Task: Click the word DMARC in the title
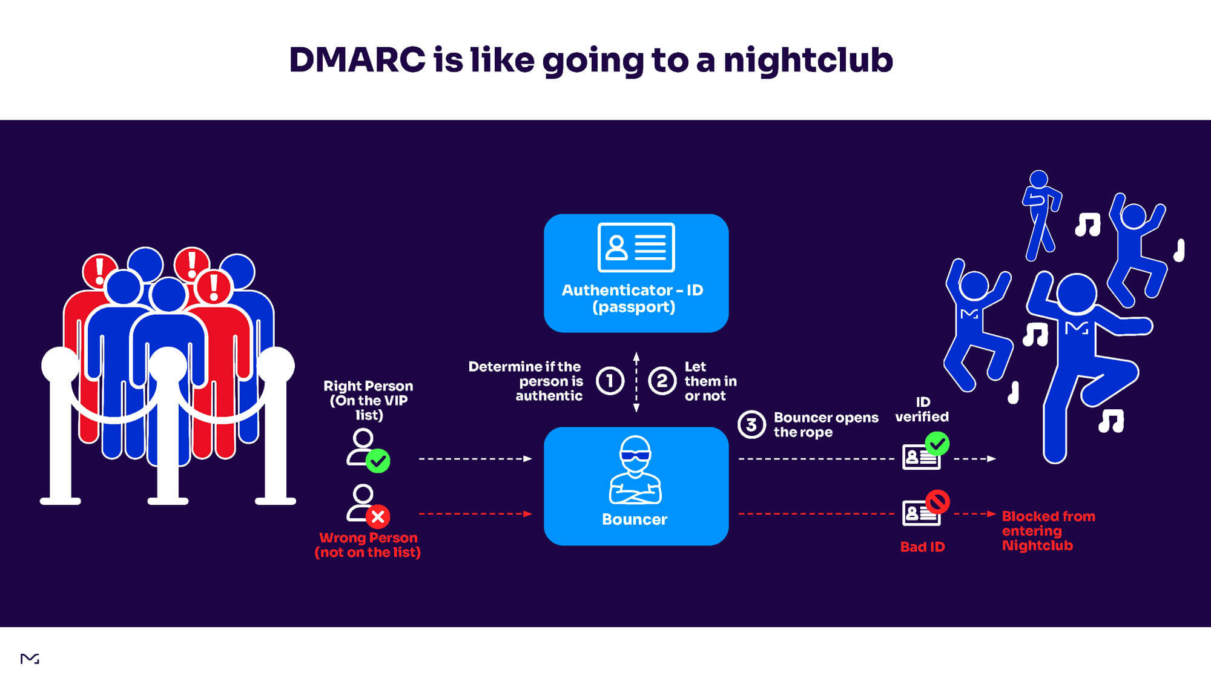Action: [x=357, y=60]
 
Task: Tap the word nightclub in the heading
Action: [x=808, y=60]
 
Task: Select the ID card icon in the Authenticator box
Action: [x=636, y=248]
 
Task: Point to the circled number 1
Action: [x=610, y=381]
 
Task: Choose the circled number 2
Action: [x=662, y=381]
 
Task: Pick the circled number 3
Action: [x=751, y=424]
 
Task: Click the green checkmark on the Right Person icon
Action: [x=378, y=461]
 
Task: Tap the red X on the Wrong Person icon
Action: [x=378, y=516]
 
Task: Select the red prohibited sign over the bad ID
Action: [x=937, y=502]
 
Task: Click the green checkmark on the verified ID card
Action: [x=937, y=444]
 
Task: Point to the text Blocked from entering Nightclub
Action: [x=1048, y=531]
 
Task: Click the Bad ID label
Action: [x=922, y=547]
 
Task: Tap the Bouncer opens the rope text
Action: [x=825, y=424]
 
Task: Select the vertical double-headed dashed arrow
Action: [x=636, y=382]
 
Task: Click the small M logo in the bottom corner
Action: [x=30, y=659]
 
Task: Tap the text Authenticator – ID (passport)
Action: [x=633, y=298]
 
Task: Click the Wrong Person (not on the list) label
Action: [x=368, y=545]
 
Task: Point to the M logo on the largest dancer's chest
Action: [x=1077, y=329]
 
